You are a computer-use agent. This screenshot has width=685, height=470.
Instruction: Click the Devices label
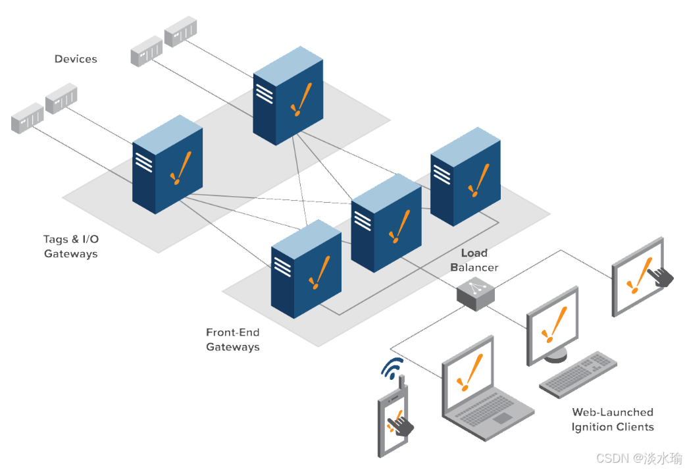(x=76, y=59)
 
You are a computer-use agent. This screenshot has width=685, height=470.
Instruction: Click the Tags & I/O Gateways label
(x=71, y=247)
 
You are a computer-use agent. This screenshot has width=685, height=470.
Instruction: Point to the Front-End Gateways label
(x=233, y=340)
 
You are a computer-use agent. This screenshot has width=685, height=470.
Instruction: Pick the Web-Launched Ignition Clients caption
(x=613, y=419)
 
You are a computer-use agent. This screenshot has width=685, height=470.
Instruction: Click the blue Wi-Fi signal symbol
(x=393, y=369)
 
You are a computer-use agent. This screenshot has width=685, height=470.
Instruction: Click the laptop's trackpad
(x=501, y=418)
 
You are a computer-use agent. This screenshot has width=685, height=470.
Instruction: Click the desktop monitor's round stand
(x=555, y=355)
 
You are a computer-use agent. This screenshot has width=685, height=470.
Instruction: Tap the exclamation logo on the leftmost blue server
(x=180, y=167)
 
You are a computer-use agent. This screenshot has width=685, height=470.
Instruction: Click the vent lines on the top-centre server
(x=264, y=92)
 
